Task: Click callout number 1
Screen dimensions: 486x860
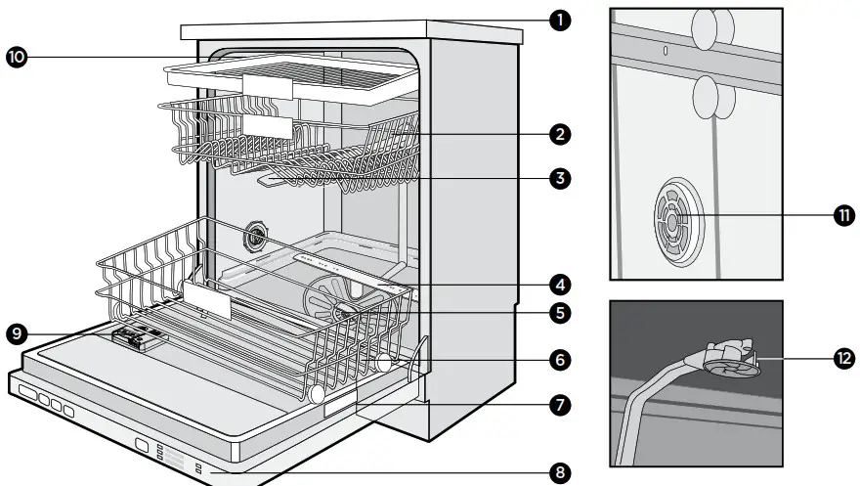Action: pos(560,20)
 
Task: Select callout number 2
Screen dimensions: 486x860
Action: pos(560,132)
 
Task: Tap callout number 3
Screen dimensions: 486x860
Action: pos(560,178)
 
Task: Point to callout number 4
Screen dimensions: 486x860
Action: pos(560,286)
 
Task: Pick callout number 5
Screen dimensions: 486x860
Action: pos(560,313)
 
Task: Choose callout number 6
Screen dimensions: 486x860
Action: pos(560,359)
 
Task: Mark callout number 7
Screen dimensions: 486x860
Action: pos(560,403)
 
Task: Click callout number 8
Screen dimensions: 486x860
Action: pos(560,473)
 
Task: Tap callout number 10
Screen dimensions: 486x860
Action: pos(18,58)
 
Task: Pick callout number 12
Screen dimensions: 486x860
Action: pos(841,359)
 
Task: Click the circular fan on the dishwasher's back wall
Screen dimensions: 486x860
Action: pos(258,237)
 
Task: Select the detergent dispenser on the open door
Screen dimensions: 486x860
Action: pos(139,337)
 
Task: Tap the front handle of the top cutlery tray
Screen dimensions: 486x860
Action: pos(267,88)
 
